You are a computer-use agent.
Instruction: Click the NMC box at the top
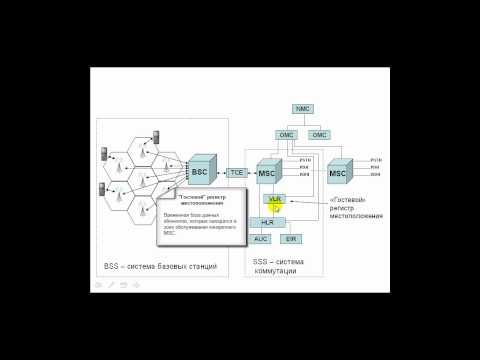[303, 108]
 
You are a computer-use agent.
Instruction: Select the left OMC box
[287, 134]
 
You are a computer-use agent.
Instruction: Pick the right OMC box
[319, 134]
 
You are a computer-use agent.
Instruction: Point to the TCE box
[236, 173]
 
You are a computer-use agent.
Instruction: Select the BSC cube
[201, 172]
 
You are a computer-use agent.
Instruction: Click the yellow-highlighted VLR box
[275, 200]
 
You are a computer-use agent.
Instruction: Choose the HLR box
[267, 222]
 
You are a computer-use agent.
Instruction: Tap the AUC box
[260, 240]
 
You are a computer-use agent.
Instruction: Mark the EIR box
[291, 240]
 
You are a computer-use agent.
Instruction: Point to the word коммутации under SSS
[276, 270]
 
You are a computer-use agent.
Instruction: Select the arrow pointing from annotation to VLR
[305, 202]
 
